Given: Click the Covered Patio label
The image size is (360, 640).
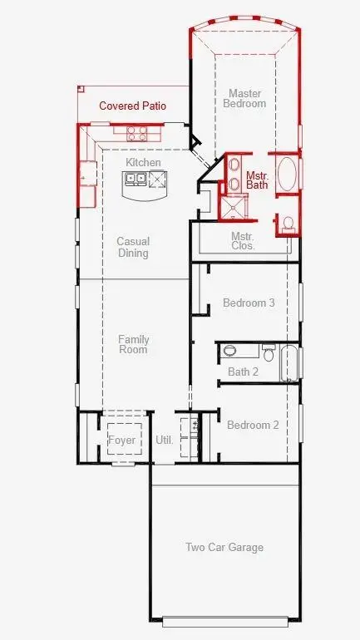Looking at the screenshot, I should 132,106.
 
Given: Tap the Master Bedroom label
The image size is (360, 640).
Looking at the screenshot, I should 246,98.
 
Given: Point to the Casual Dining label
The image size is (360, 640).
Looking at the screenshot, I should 133,247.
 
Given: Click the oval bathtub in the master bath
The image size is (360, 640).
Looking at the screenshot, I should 287,175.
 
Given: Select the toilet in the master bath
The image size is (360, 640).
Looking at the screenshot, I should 286,223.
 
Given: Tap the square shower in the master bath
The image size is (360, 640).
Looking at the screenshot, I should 229,206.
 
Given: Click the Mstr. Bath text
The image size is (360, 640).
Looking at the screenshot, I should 256,180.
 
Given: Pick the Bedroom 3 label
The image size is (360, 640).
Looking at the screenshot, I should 249,303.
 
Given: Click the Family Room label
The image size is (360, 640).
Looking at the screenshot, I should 133,344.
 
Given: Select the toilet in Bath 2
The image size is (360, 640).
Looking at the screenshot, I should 268,350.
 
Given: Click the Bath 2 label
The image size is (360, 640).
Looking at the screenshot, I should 243,372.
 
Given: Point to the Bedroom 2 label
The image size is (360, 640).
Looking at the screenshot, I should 253,425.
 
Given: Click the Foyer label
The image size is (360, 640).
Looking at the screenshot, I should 121,440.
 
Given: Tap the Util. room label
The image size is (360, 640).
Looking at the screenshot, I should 165,440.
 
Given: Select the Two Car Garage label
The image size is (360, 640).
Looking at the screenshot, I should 224,547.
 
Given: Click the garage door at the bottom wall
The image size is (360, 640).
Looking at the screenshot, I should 225,621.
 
